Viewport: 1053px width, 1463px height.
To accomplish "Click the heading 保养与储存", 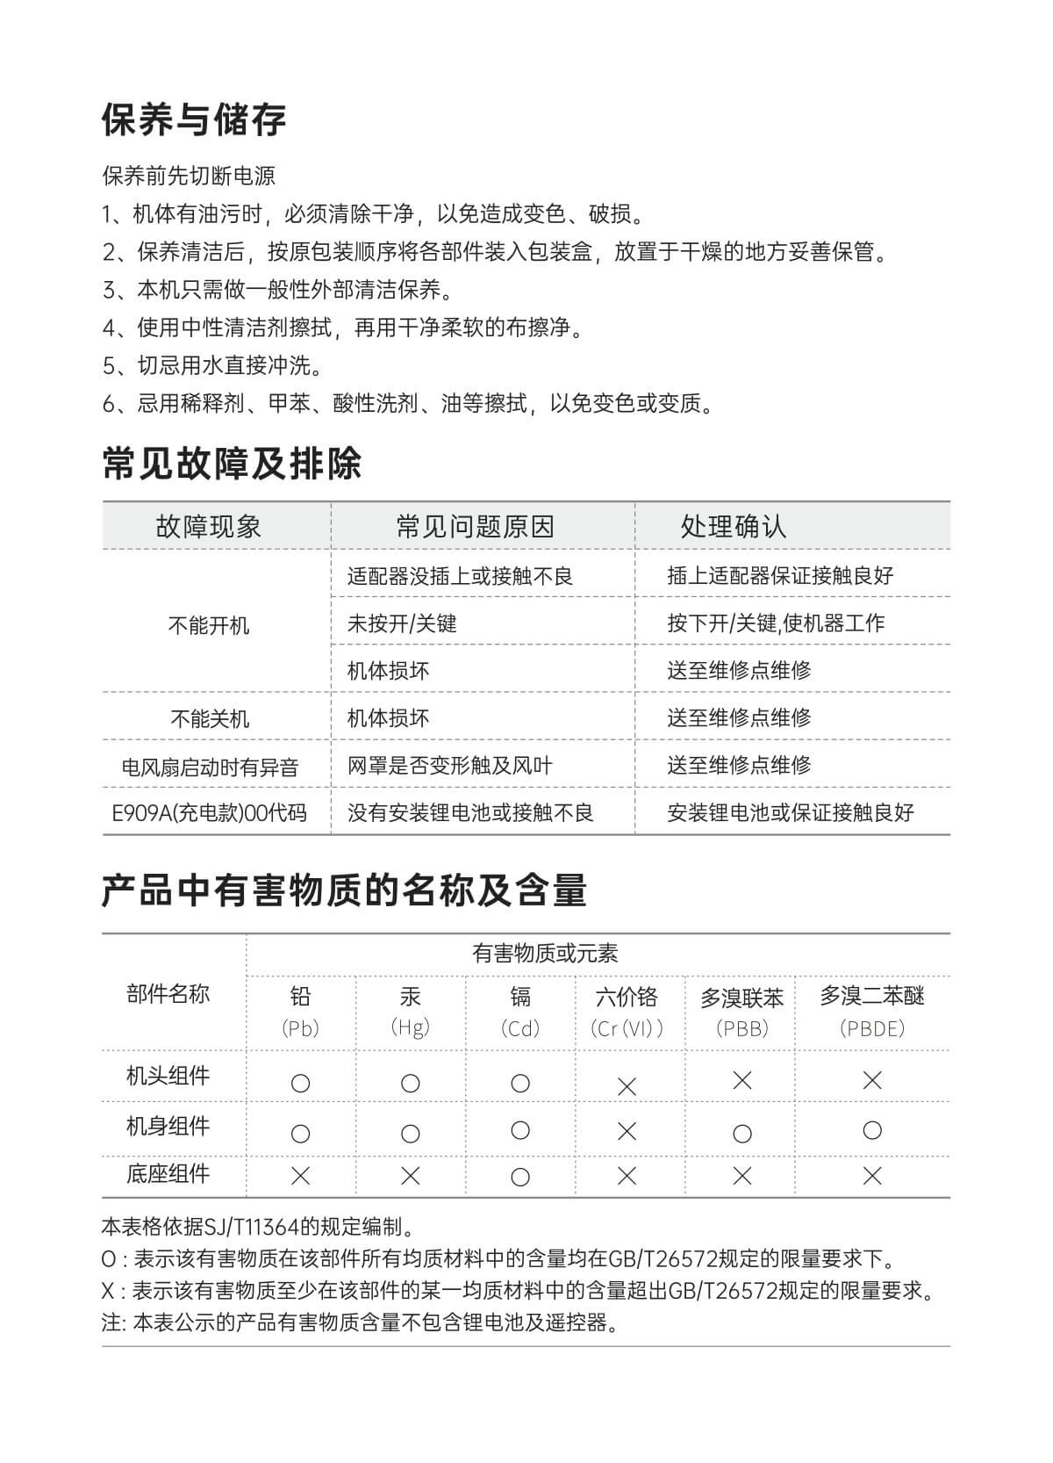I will [194, 120].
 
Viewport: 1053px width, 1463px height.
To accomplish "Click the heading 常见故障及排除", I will [232, 464].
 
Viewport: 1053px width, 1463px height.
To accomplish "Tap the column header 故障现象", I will [209, 527].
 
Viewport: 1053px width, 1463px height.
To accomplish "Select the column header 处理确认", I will [733, 527].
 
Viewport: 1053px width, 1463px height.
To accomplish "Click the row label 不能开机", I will [209, 625].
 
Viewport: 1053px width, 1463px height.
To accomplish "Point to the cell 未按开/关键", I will [402, 623].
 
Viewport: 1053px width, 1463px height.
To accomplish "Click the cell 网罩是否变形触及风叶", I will [449, 766].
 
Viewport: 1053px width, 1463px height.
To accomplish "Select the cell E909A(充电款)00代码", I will [209, 813].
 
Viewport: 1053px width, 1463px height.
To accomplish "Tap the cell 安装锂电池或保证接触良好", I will [790, 813].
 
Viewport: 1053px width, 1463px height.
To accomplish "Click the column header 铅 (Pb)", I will [300, 1011].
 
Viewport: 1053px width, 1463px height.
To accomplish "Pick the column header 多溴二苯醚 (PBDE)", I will [871, 1011].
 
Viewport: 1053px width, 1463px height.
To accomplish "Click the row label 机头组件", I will [168, 1076].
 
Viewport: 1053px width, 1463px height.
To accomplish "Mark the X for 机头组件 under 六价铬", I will [627, 1086].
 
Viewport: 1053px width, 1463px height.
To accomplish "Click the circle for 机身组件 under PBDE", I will [871, 1130].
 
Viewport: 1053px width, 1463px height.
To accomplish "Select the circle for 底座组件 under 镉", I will [520, 1178].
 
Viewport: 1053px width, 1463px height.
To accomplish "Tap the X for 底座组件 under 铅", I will [300, 1176].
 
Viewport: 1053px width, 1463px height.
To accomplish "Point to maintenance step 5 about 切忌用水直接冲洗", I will [212, 365].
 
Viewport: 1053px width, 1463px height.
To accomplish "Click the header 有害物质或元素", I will [545, 954].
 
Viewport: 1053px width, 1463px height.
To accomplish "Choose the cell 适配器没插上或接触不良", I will [460, 576].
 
